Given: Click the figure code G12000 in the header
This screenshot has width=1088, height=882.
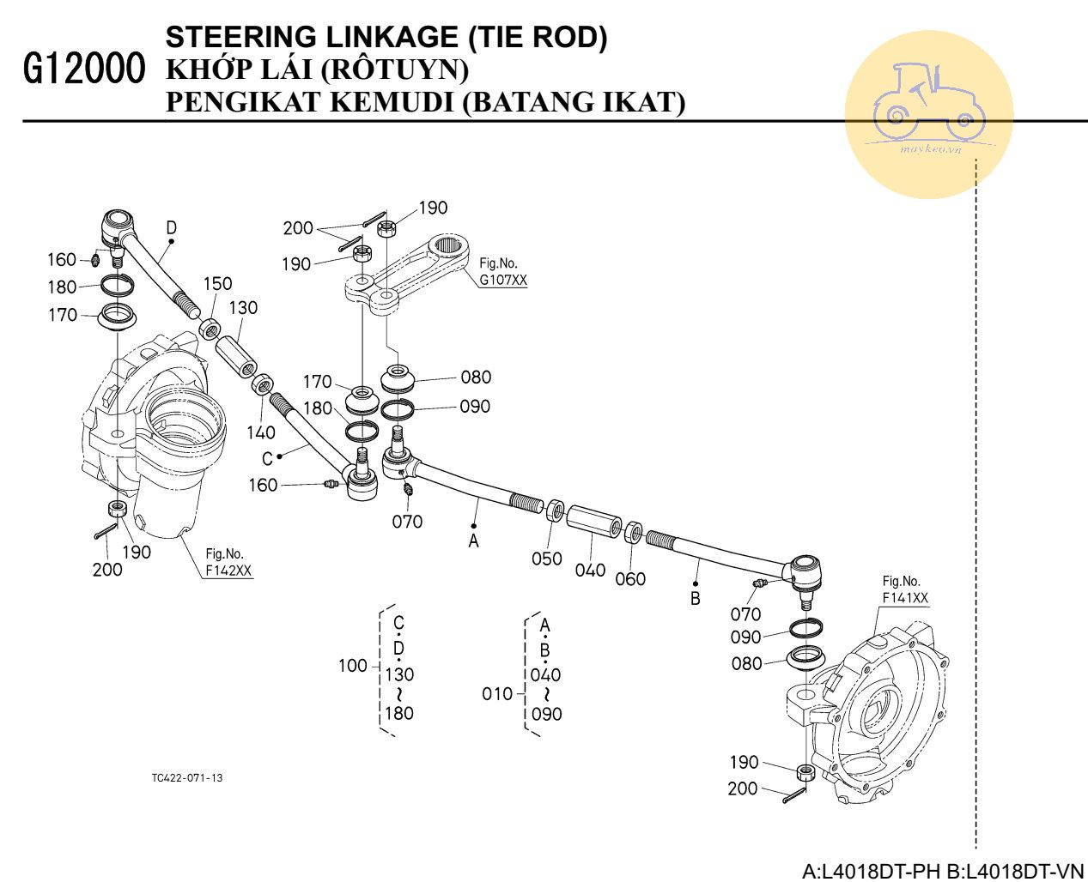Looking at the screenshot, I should click(x=84, y=69).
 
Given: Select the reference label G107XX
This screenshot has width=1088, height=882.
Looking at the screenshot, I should click(x=503, y=280).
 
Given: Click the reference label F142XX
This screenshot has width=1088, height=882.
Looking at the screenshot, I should click(x=229, y=571).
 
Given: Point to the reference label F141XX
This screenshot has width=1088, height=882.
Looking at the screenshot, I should click(x=905, y=598).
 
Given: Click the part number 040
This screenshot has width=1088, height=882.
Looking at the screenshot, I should click(x=590, y=571).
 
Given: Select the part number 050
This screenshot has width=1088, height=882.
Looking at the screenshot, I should click(x=546, y=559).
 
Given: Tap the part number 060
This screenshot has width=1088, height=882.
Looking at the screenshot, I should click(x=630, y=579).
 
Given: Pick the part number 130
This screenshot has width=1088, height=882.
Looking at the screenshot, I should click(x=243, y=307).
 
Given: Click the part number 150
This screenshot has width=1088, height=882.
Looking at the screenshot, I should click(x=217, y=283).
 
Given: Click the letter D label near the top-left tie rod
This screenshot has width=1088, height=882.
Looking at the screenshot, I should click(x=172, y=227).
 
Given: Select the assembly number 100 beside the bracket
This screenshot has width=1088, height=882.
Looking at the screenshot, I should click(x=352, y=666).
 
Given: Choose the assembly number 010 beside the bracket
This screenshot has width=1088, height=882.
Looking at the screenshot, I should click(x=497, y=693).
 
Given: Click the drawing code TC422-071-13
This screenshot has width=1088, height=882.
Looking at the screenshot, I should click(x=187, y=778).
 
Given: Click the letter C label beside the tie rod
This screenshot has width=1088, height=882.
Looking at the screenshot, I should click(x=267, y=458).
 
